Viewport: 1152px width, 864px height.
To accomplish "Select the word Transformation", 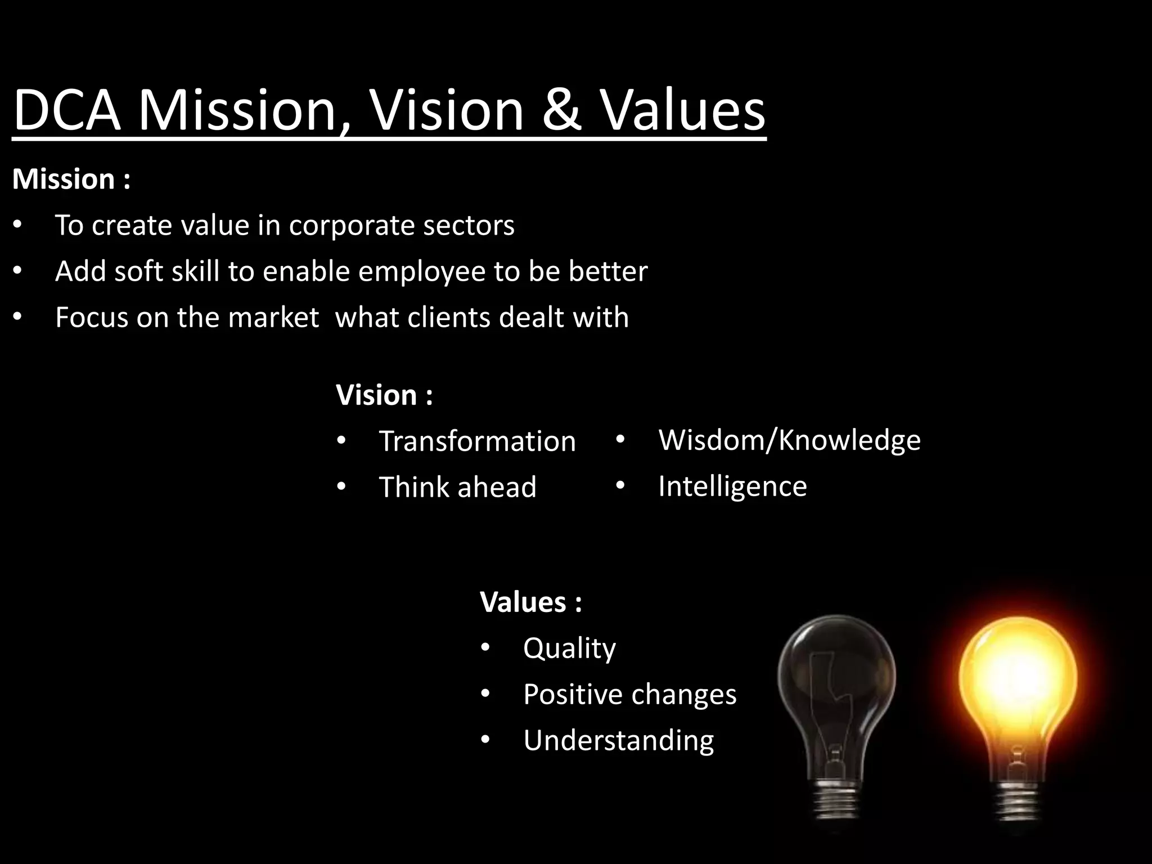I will coord(477,441).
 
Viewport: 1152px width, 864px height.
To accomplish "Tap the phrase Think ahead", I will coord(457,487).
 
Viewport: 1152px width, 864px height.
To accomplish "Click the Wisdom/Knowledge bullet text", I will coord(789,440).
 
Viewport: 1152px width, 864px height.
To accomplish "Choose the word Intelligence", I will coord(732,486).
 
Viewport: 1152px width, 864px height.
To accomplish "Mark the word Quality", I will coord(569,648).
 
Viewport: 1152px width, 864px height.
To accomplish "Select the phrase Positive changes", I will coord(629,694).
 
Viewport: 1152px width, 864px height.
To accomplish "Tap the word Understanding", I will coord(618,740).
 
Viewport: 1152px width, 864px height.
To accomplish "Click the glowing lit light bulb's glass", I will coord(1017,675).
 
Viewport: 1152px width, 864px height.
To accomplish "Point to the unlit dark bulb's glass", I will coord(836,675).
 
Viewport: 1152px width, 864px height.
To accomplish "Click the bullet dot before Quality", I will coord(485,648).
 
